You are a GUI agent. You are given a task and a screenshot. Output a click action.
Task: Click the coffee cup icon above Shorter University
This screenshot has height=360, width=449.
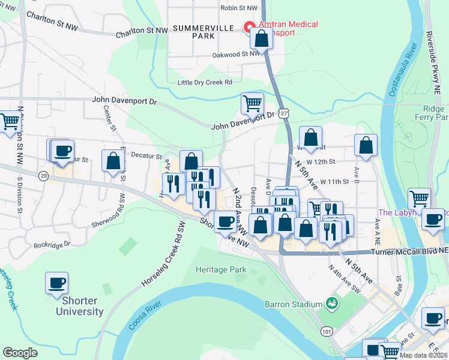click(x=56, y=282)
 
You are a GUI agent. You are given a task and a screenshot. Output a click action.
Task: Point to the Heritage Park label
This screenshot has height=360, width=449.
click(x=221, y=270)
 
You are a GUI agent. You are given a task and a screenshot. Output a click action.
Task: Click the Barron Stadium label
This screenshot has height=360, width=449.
click(x=294, y=304)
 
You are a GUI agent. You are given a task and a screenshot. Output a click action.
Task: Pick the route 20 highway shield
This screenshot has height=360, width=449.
click(x=43, y=175)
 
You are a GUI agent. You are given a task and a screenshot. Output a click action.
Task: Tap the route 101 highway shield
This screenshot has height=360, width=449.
click(x=327, y=331)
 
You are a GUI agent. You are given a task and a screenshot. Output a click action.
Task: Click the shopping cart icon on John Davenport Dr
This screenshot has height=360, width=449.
click(x=252, y=103)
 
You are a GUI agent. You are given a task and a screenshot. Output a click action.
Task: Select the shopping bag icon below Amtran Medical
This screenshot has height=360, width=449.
click(x=262, y=39)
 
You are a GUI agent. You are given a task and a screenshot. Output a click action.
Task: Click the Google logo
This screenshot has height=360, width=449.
click(x=20, y=353)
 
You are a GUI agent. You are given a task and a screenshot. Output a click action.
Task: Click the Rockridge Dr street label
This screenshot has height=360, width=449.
click(x=52, y=245)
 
